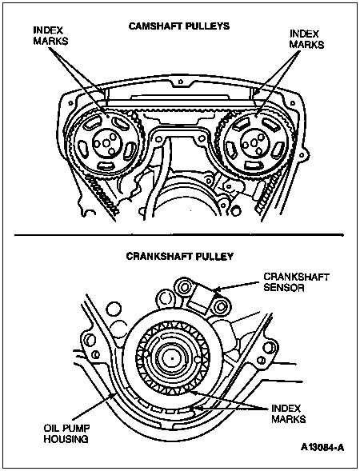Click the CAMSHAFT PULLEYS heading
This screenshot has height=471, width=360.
click(x=179, y=26)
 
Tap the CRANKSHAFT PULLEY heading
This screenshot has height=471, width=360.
click(x=180, y=256)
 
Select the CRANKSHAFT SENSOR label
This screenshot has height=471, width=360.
click(x=296, y=282)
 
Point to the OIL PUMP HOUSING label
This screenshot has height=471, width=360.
click(x=66, y=433)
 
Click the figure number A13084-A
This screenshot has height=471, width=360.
click(x=322, y=448)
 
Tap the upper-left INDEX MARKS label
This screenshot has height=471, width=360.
click(x=50, y=35)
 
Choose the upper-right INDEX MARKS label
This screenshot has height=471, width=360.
click(x=306, y=38)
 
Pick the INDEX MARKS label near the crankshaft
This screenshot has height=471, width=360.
click(x=289, y=413)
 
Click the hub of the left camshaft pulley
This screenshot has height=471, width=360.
click(x=106, y=142)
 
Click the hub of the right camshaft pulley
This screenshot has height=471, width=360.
click(x=254, y=142)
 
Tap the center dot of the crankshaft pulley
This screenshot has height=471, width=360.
click(x=173, y=358)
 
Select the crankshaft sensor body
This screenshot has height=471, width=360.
click(x=201, y=297)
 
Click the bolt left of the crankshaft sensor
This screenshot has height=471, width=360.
click(x=183, y=287)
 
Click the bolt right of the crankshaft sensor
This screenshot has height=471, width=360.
click(x=221, y=307)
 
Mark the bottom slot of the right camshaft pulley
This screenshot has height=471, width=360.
click(x=252, y=165)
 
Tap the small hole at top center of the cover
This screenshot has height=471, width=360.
click(x=180, y=82)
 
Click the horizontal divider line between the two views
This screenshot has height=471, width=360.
click(x=179, y=234)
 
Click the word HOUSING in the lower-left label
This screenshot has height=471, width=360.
click(x=66, y=439)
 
